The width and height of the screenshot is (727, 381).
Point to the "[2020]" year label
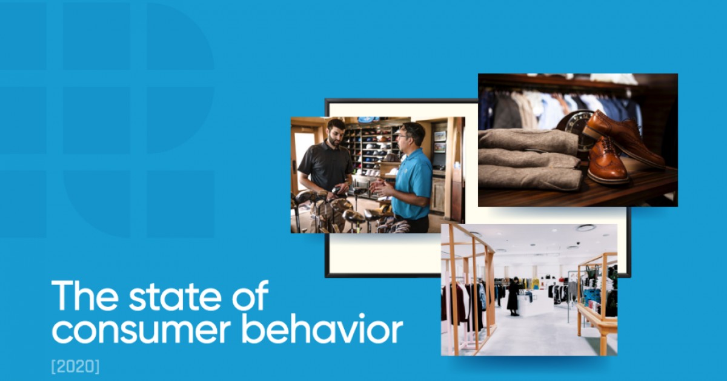point(75,366)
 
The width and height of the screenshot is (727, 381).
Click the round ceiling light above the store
point(585,228)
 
